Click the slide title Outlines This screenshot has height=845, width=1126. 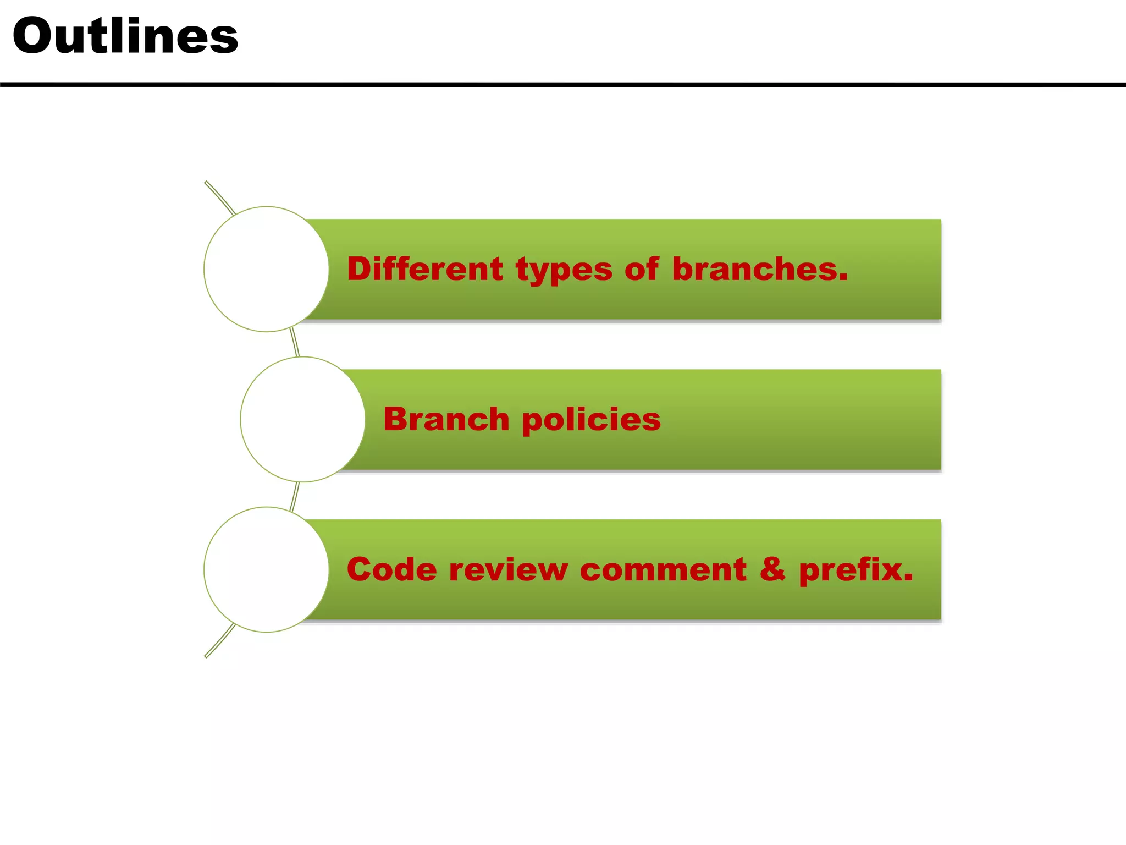pos(125,36)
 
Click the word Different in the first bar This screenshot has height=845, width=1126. pos(424,269)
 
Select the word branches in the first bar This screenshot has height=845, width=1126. pos(759,269)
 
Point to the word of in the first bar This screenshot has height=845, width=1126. pos(641,269)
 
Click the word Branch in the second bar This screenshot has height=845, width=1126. pos(446,419)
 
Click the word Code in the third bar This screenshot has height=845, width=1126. pos(391,569)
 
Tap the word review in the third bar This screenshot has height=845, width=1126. pos(508,569)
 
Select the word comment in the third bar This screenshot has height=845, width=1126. pos(663,570)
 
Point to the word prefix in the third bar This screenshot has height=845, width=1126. pos(855,570)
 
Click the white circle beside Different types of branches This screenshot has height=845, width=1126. pos(267,269)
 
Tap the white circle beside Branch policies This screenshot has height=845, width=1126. pos(303,419)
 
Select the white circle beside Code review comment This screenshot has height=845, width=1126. pos(267,569)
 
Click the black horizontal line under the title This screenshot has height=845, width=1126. pos(563,85)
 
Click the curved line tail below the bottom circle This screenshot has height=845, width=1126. pos(219,641)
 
